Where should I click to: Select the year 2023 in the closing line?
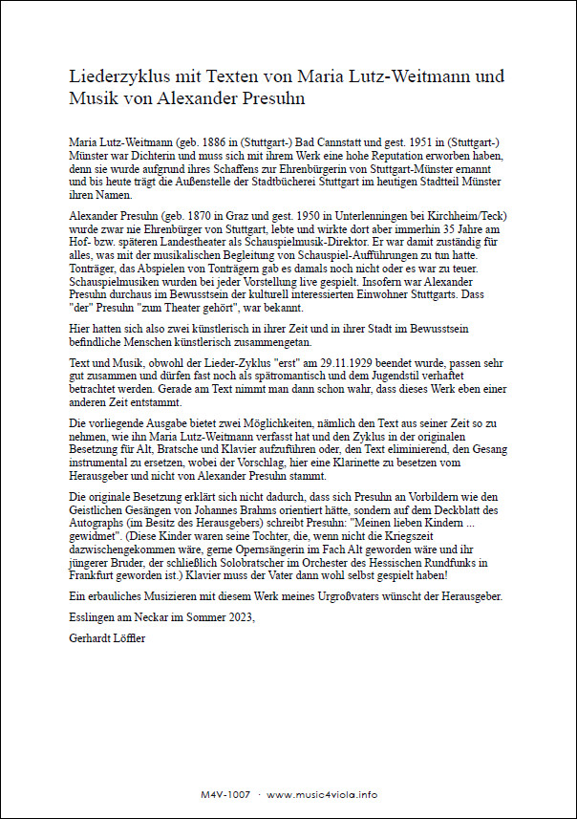241,618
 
